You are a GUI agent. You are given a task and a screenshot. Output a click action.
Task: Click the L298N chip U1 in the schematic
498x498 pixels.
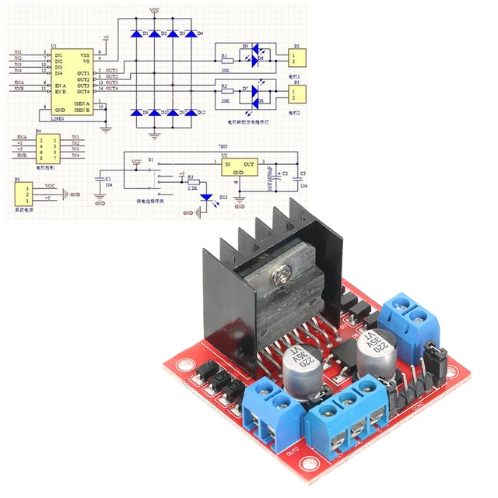tap(74, 82)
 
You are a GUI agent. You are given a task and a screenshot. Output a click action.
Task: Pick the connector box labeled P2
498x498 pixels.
tap(294, 58)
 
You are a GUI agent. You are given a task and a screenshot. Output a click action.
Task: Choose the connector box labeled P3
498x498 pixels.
tap(294, 93)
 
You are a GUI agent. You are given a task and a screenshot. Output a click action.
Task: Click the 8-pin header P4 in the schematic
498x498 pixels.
tap(49, 147)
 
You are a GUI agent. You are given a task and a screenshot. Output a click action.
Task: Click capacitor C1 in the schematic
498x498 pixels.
tap(100, 180)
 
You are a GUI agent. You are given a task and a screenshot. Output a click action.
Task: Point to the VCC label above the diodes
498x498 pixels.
tap(155, 10)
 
